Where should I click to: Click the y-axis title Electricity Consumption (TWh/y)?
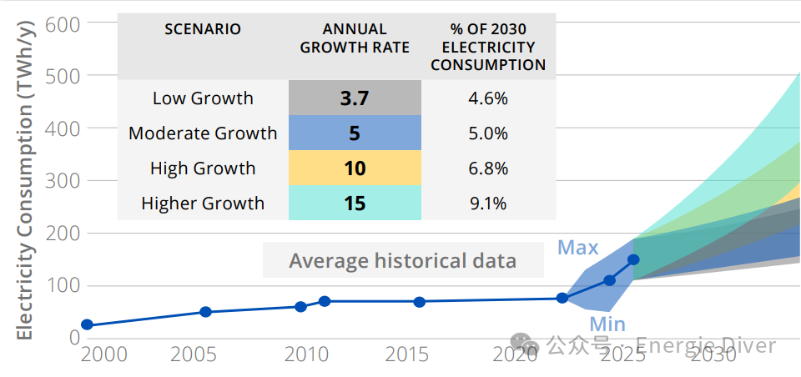click(x=24, y=178)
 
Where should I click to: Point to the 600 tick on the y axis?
click(x=63, y=23)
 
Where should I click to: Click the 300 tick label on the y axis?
click(x=63, y=180)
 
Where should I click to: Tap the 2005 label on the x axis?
click(x=194, y=355)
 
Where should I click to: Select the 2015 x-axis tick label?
click(x=407, y=355)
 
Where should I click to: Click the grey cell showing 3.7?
click(x=355, y=98)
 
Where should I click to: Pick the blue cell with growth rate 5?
click(x=355, y=133)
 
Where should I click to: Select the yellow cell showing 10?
click(x=355, y=168)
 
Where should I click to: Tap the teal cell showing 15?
click(x=355, y=204)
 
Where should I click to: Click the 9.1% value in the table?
click(x=488, y=204)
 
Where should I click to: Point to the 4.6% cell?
click(x=488, y=98)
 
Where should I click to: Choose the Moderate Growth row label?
click(x=203, y=133)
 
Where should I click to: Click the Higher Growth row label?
click(x=203, y=204)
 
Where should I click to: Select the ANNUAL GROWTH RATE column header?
click(x=355, y=38)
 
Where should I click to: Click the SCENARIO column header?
click(x=203, y=29)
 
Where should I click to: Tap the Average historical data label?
click(x=402, y=261)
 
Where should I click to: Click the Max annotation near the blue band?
click(x=578, y=248)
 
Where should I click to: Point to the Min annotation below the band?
click(x=607, y=324)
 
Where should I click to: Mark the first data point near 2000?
click(x=87, y=324)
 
